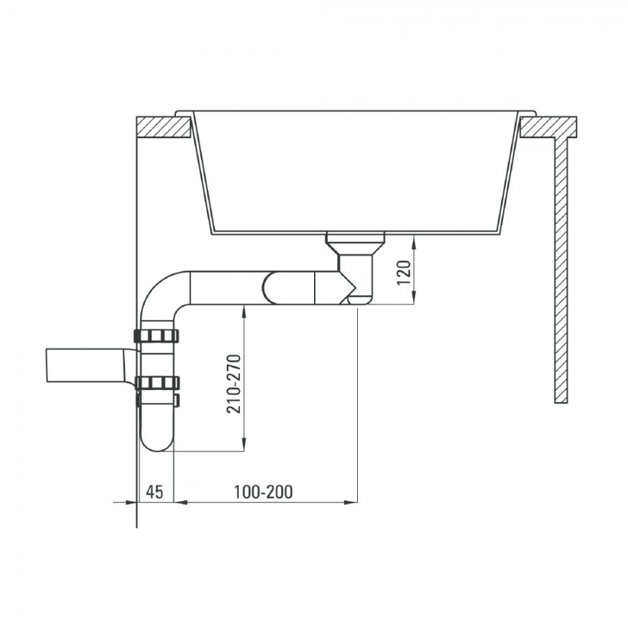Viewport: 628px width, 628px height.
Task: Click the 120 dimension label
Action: (404, 272)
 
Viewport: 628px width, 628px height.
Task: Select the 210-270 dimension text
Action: (234, 384)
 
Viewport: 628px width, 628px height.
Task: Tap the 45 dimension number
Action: (155, 492)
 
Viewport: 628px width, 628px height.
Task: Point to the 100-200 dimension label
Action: (263, 492)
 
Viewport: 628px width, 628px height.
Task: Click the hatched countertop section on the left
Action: (163, 128)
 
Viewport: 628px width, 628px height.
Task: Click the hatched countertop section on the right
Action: (548, 128)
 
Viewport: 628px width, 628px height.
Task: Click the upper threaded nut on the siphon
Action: (156, 336)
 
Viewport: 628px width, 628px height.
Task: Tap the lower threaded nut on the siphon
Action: (156, 383)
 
